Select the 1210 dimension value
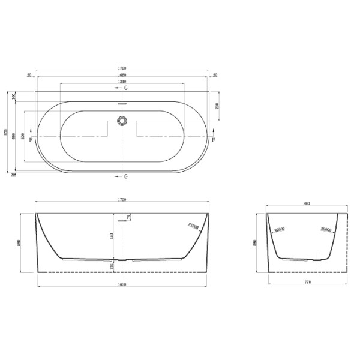pyautogui.click(x=122, y=81)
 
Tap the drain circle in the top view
pyautogui.click(x=122, y=121)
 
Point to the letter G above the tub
pyautogui.click(x=126, y=88)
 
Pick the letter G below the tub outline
pyautogui.click(x=126, y=177)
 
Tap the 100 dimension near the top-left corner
pyautogui.click(x=14, y=96)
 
